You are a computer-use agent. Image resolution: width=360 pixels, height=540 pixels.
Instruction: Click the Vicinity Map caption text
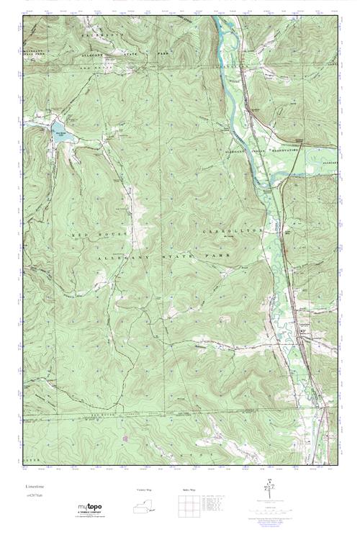pos(144,490)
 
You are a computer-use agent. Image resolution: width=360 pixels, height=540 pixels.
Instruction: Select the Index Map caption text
pos(189,490)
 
